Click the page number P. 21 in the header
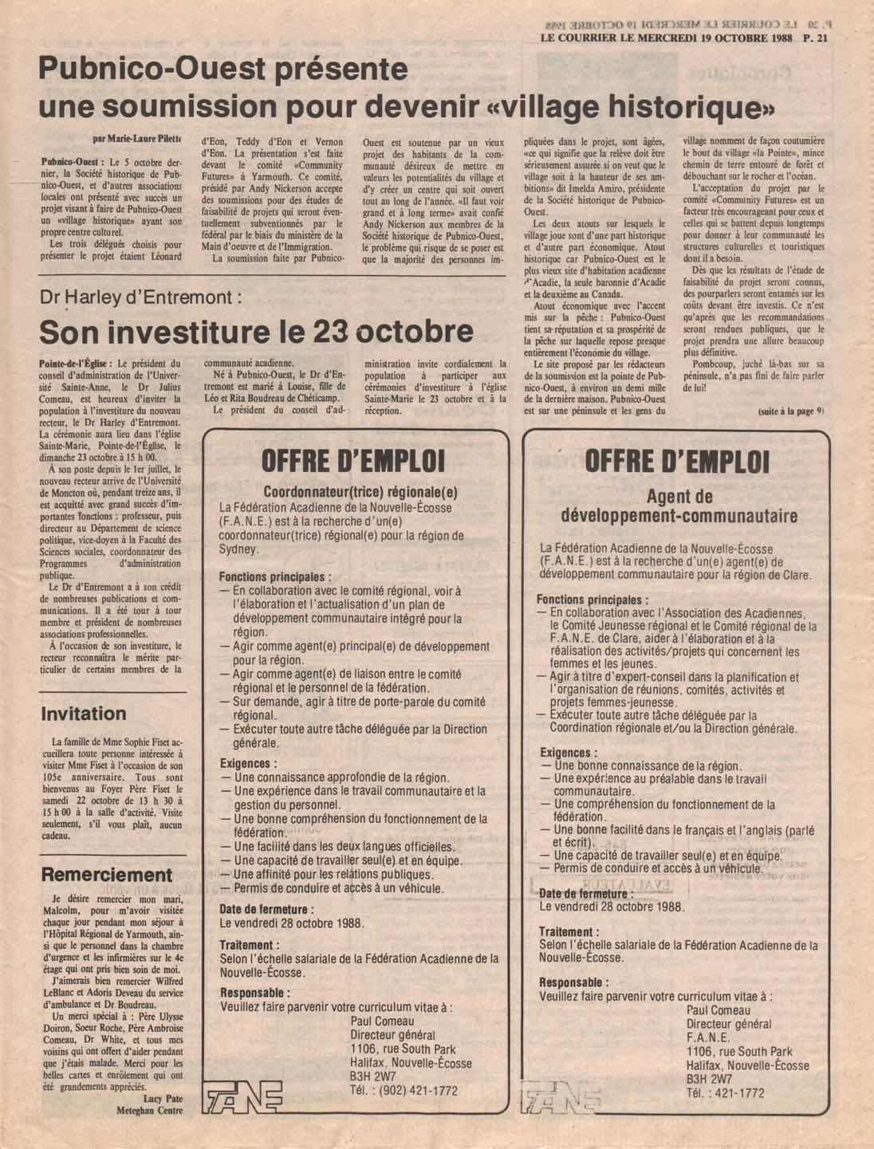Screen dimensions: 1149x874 click(817, 37)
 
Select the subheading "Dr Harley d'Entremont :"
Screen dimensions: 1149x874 click(140, 298)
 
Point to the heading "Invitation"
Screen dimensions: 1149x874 click(84, 714)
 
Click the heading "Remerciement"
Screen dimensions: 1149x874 click(106, 875)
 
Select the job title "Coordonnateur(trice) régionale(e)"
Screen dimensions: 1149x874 click(360, 492)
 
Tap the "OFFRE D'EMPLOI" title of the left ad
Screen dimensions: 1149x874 click(353, 461)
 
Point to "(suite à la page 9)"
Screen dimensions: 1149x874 click(790, 411)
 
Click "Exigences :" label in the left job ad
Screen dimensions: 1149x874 click(249, 763)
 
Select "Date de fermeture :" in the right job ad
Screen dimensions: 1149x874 click(583, 894)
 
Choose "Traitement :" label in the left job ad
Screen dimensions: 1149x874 click(250, 945)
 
